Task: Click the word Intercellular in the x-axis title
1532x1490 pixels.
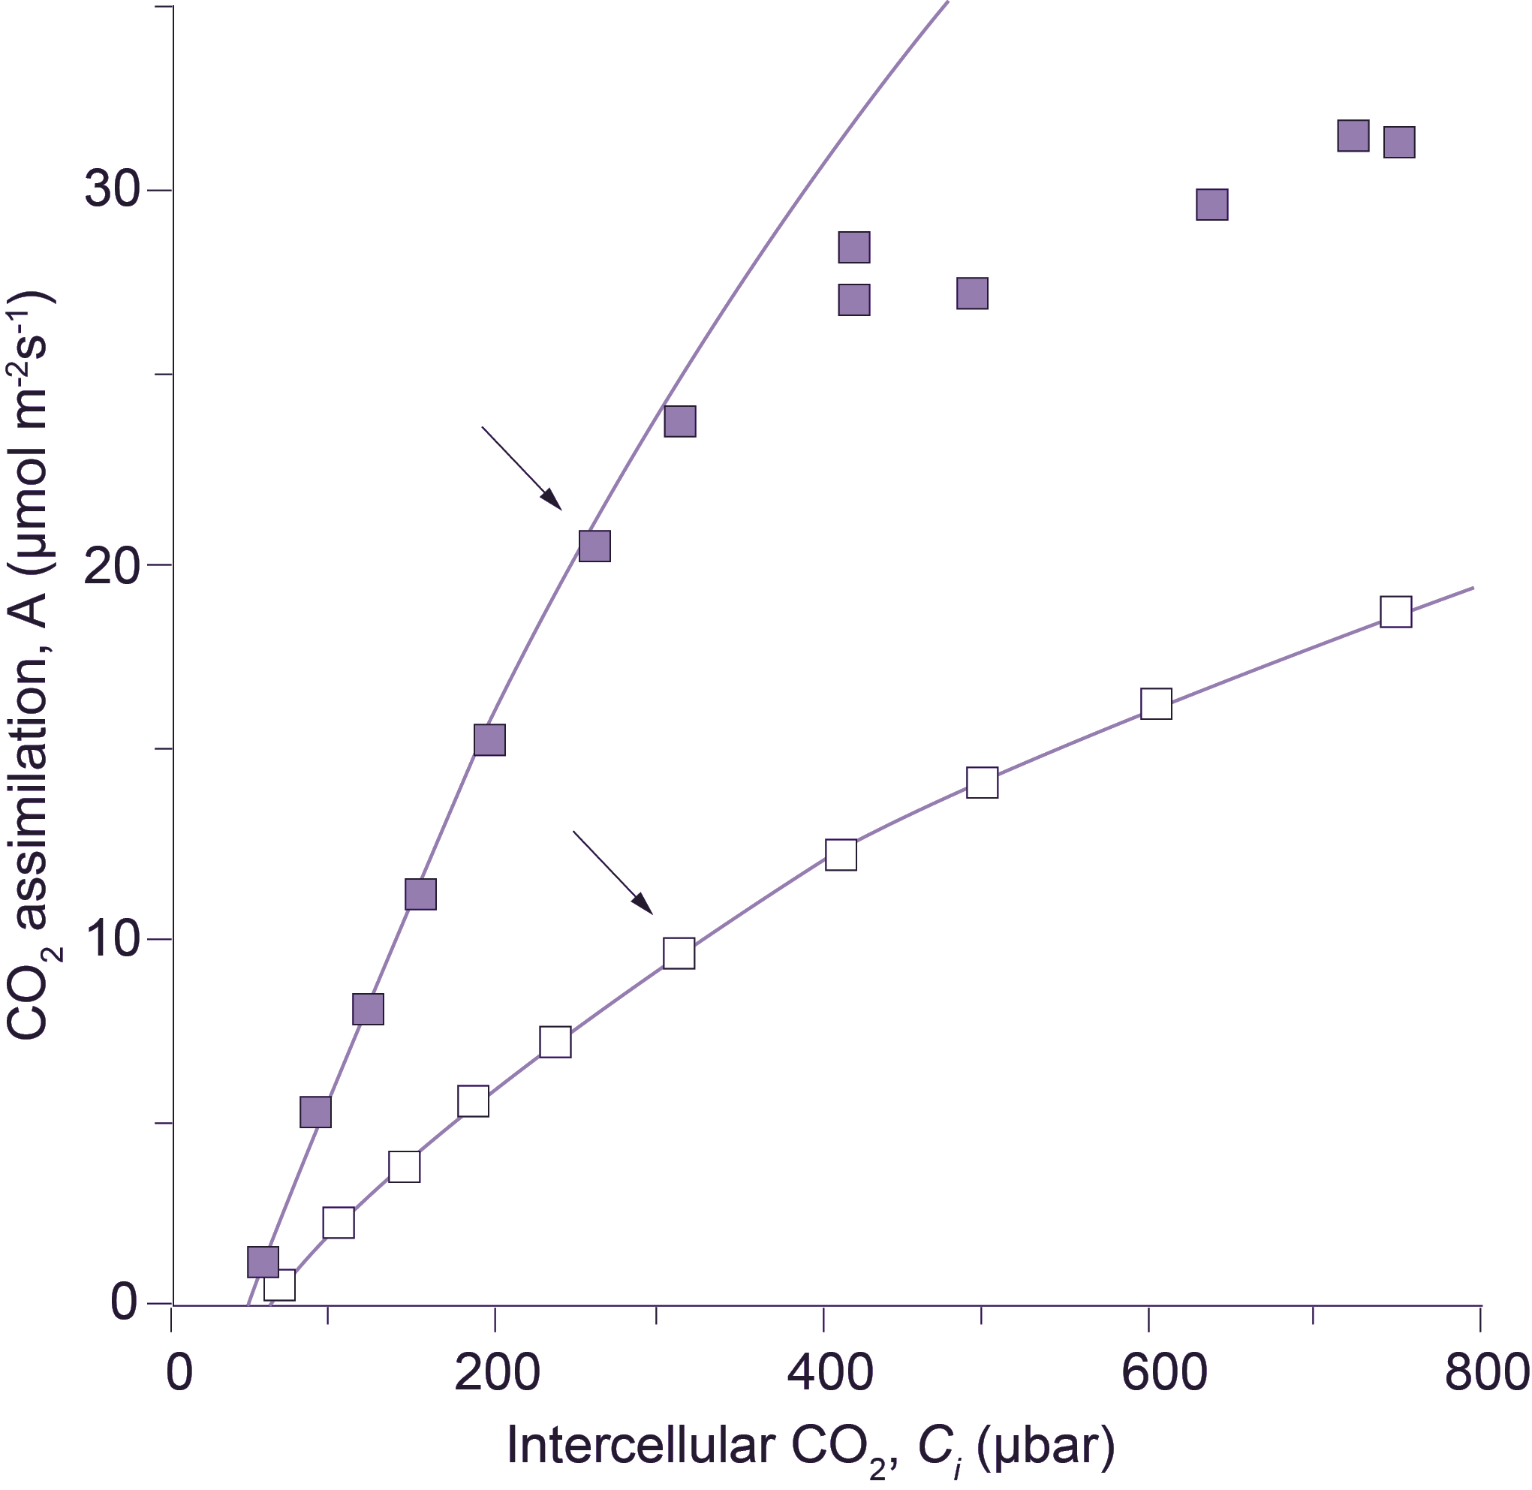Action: [642, 1446]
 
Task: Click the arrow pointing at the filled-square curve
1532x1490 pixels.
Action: [522, 468]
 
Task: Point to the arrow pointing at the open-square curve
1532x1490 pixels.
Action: [612, 872]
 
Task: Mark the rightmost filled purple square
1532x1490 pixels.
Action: [1399, 143]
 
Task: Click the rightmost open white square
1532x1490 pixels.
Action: [1396, 612]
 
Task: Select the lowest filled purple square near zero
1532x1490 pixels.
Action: [263, 1262]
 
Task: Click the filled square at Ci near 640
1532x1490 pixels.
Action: [1212, 204]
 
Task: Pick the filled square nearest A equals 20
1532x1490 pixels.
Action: [594, 546]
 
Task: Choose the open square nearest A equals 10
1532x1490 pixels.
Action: [679, 954]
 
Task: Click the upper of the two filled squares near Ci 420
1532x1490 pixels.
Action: [854, 247]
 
